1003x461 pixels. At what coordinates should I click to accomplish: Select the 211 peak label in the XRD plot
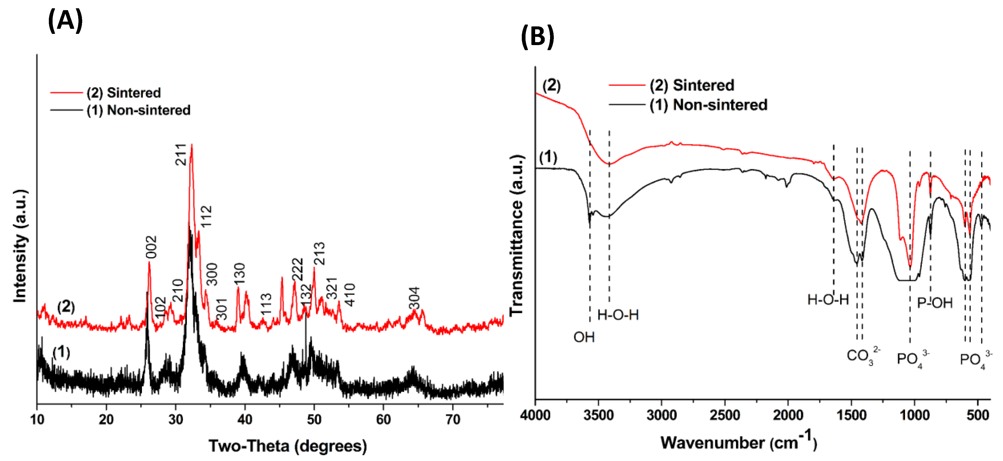pos(181,154)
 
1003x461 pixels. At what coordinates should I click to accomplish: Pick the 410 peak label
pos(350,295)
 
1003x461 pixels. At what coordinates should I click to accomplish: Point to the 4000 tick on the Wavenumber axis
pos(535,415)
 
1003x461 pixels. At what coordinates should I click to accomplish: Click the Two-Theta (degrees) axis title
pos(287,446)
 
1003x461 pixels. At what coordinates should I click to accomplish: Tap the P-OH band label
pos(934,303)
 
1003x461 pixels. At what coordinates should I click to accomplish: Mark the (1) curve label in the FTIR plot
pos(548,157)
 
